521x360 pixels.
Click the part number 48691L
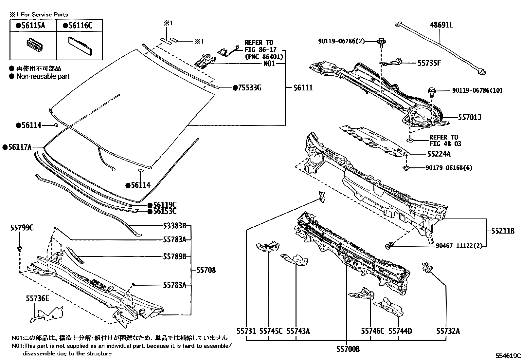coord(441,25)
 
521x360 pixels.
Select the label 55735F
coord(429,63)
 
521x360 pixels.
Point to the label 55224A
coord(439,154)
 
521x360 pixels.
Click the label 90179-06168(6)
coord(449,168)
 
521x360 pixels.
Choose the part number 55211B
coord(503,231)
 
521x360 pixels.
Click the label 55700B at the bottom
coord(348,349)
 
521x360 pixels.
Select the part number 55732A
coord(448,331)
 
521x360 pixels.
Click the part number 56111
coord(303,88)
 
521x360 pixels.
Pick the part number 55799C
coord(21,228)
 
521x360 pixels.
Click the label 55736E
coord(37,298)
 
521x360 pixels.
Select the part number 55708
coord(206,270)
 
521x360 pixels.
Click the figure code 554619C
coord(507,355)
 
